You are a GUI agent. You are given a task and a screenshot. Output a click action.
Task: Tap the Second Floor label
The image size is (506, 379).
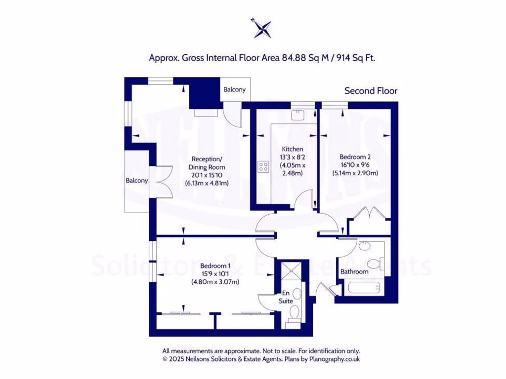371,91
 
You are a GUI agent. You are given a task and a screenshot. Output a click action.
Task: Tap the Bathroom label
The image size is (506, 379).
354,272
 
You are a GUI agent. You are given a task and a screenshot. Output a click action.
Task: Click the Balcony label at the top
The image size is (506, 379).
234,90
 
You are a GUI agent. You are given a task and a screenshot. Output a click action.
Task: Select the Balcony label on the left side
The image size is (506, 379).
136,181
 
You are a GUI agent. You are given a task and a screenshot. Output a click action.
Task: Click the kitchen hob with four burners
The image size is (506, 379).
263,167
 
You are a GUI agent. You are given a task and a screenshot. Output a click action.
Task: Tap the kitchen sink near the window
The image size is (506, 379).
298,115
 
